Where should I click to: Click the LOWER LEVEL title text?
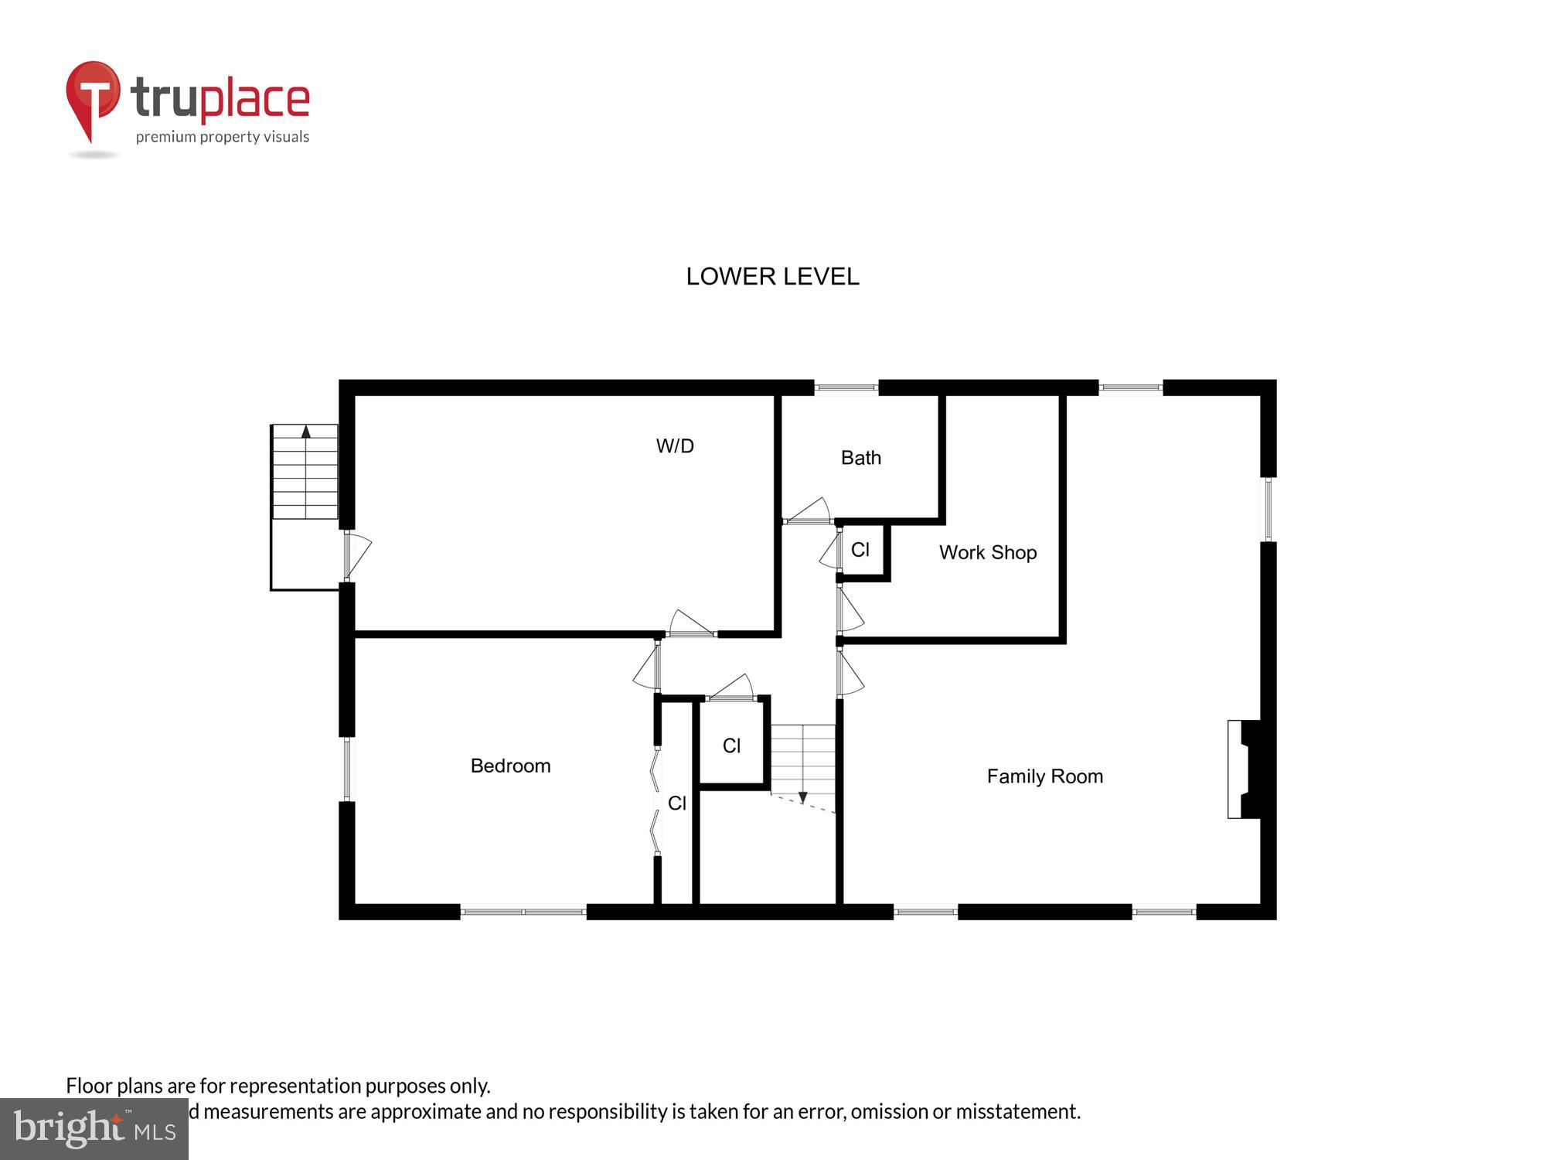pyautogui.click(x=772, y=276)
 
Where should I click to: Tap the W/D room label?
pyautogui.click(x=675, y=446)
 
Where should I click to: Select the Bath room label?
pyautogui.click(x=860, y=458)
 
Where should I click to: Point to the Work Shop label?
pyautogui.click(x=987, y=552)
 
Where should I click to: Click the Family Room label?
pyautogui.click(x=1044, y=776)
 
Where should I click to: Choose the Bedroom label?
pyautogui.click(x=510, y=766)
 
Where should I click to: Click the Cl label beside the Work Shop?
pyautogui.click(x=860, y=550)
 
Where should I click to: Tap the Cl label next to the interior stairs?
pyautogui.click(x=731, y=745)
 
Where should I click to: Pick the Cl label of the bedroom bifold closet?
pyautogui.click(x=676, y=803)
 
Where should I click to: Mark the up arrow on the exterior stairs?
pyautogui.click(x=306, y=432)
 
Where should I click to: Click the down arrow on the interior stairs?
pyautogui.click(x=802, y=797)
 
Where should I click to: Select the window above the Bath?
pyautogui.click(x=846, y=387)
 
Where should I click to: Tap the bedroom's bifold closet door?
pyautogui.click(x=656, y=800)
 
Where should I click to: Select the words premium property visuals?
pyautogui.click(x=223, y=137)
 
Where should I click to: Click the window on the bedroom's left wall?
pyautogui.click(x=346, y=769)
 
